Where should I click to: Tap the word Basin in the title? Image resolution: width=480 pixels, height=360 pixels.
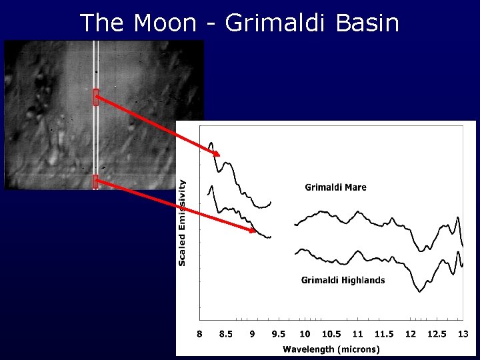[367, 23]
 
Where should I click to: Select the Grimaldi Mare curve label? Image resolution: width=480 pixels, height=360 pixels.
[335, 187]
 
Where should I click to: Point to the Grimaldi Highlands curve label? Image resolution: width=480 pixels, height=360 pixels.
[343, 280]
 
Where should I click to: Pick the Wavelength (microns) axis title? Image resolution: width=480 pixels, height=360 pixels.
[331, 349]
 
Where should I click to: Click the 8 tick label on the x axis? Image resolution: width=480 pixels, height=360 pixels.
[199, 334]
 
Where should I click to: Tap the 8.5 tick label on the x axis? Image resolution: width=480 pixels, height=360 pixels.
[226, 334]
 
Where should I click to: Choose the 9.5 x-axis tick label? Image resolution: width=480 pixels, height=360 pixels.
[279, 334]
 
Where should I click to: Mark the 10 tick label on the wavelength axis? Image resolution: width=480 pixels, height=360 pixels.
[305, 334]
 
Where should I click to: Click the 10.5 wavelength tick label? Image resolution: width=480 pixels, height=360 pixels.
[331, 334]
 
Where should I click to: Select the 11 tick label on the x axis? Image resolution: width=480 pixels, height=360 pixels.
[357, 334]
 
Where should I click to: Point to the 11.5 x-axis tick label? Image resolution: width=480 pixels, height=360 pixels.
[384, 334]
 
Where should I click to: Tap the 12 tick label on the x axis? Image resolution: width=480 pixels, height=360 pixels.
[410, 334]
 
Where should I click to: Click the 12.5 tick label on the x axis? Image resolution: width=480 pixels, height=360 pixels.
[437, 334]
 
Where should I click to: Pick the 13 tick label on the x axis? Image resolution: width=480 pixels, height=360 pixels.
[463, 334]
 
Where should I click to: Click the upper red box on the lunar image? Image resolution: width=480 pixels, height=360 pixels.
[96, 97]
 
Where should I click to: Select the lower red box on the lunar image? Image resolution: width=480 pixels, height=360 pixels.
[96, 181]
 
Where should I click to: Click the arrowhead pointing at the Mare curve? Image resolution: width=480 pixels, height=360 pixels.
[216, 154]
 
